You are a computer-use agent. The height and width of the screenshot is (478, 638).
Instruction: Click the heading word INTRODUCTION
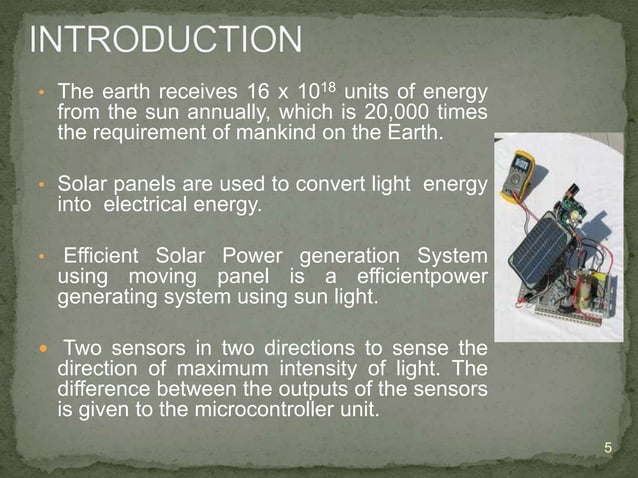166,42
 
